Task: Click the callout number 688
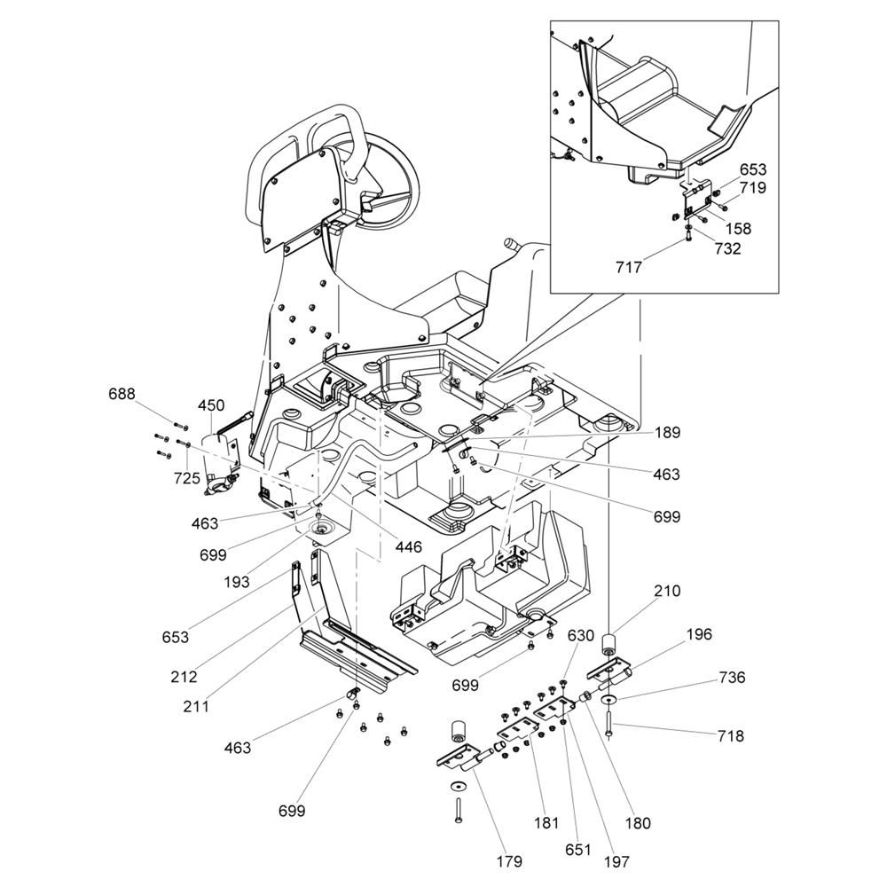122,394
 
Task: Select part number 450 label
211,405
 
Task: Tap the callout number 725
187,478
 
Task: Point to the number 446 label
409,547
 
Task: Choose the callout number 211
196,707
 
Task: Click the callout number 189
667,433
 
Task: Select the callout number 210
667,591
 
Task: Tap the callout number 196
699,634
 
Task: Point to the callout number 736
731,678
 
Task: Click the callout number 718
731,735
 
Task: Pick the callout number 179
509,860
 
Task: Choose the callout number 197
618,860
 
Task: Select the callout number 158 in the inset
738,228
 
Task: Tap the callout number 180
637,823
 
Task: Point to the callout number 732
727,249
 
